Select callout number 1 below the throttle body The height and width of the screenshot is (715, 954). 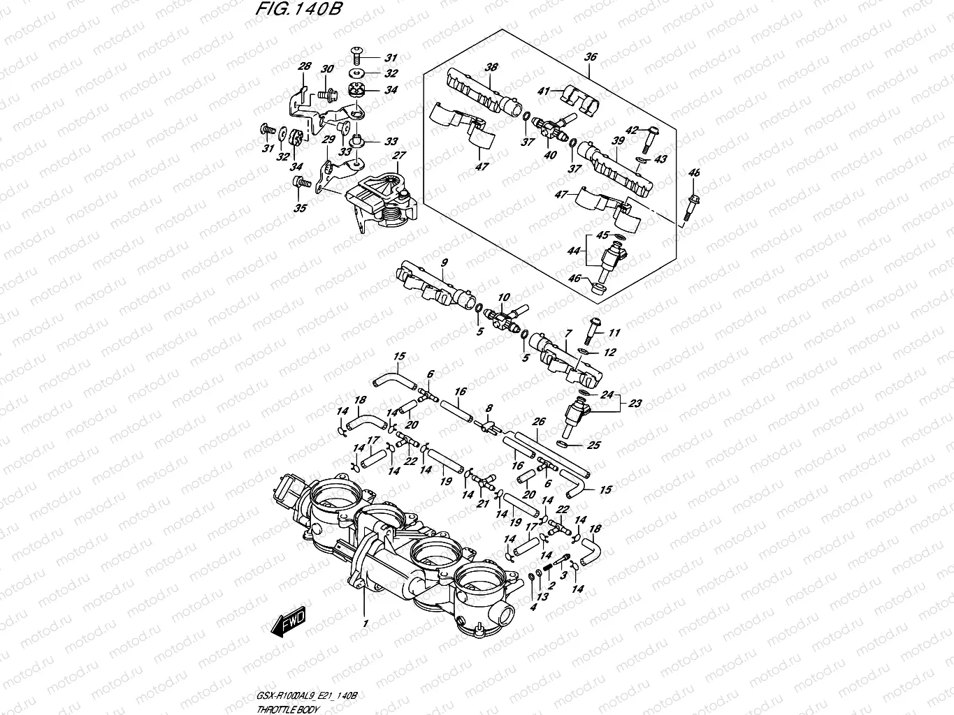tap(363, 621)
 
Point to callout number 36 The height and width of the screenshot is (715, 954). tap(591, 57)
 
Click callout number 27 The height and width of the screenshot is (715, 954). tap(398, 156)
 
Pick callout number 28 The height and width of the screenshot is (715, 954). tap(304, 67)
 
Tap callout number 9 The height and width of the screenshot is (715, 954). tap(442, 263)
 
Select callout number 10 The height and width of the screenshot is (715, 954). tap(504, 297)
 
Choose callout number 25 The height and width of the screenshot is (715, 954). tap(595, 444)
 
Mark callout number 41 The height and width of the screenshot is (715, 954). tap(544, 91)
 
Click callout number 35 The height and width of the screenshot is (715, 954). tap(300, 208)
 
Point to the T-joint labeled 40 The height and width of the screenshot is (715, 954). tap(551, 126)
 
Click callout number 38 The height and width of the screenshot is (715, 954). tap(491, 68)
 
